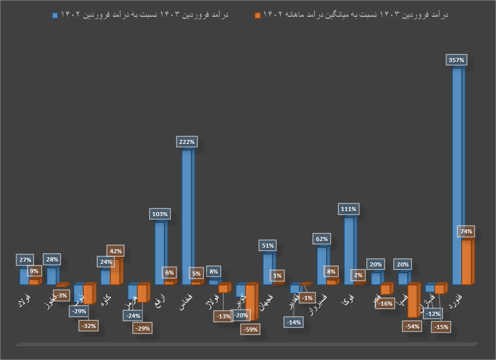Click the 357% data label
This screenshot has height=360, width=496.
[x=456, y=60]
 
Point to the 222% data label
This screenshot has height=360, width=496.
[x=187, y=142]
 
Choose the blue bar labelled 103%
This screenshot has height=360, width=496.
[x=160, y=253]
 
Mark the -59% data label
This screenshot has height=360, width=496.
[x=250, y=329]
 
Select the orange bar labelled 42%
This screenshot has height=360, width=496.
[x=115, y=272]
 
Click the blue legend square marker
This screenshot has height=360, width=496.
[x=55, y=15]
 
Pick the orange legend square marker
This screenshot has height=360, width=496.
[x=257, y=15]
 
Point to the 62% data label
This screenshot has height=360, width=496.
[x=322, y=238]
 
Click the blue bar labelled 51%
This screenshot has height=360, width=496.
[x=268, y=269]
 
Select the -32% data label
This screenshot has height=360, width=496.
[x=88, y=325]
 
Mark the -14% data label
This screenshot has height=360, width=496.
[x=293, y=322]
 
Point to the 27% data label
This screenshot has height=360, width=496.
[x=24, y=259]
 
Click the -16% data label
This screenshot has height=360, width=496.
[x=386, y=304]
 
